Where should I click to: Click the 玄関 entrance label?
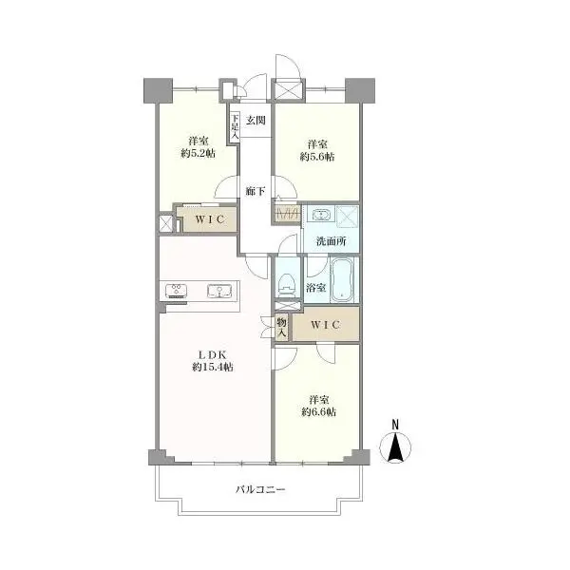click(x=256, y=120)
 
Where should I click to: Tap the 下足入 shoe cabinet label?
click(x=236, y=127)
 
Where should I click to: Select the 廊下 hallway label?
click(x=256, y=191)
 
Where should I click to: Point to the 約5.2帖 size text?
click(x=199, y=154)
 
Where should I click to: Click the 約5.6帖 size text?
click(x=317, y=157)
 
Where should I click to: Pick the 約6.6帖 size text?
click(x=318, y=412)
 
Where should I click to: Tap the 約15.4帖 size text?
click(x=213, y=367)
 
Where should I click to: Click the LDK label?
click(x=213, y=354)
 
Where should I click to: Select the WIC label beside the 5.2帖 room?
click(x=210, y=219)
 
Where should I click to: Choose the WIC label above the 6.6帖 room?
click(x=325, y=324)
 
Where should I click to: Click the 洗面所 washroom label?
click(x=331, y=241)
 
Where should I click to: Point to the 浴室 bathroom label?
click(x=315, y=288)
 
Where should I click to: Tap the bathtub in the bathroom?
click(x=342, y=280)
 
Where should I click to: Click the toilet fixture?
click(x=287, y=285)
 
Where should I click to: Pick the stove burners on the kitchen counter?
click(x=177, y=291)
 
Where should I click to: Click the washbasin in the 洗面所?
click(x=321, y=214)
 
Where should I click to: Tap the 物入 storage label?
click(x=282, y=327)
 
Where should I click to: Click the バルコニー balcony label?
click(x=260, y=489)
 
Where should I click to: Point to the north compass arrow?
click(x=395, y=447)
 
